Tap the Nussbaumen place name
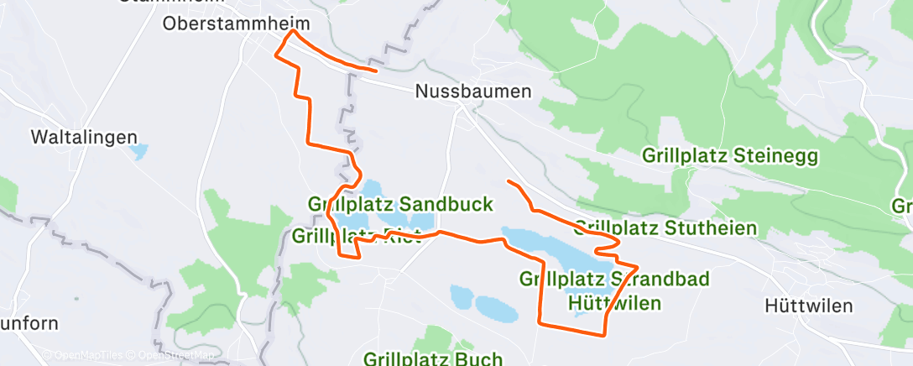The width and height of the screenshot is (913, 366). pyautogui.click(x=473, y=91)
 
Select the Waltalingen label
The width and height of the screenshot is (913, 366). pyautogui.click(x=84, y=136)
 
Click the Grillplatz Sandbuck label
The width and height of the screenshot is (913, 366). pyautogui.click(x=400, y=204)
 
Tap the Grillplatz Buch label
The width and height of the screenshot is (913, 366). pyautogui.click(x=433, y=358)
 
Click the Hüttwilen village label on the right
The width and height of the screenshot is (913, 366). pyautogui.click(x=809, y=306)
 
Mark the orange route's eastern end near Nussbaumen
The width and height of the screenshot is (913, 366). pyautogui.click(x=375, y=71)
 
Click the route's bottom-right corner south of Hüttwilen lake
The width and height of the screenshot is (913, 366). pyautogui.click(x=604, y=334)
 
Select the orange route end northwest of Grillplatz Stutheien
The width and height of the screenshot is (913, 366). pyautogui.click(x=509, y=180)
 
